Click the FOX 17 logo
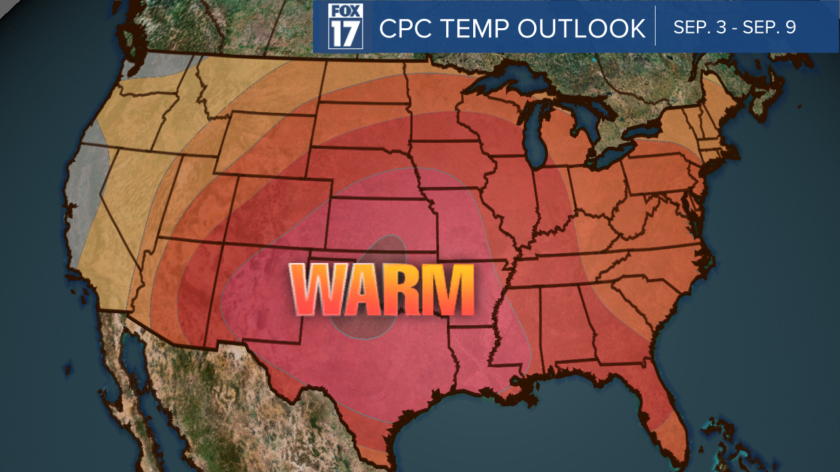(345, 27)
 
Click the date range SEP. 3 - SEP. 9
(734, 28)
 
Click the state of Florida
(663, 406)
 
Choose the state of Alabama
(568, 321)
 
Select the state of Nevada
(128, 190)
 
